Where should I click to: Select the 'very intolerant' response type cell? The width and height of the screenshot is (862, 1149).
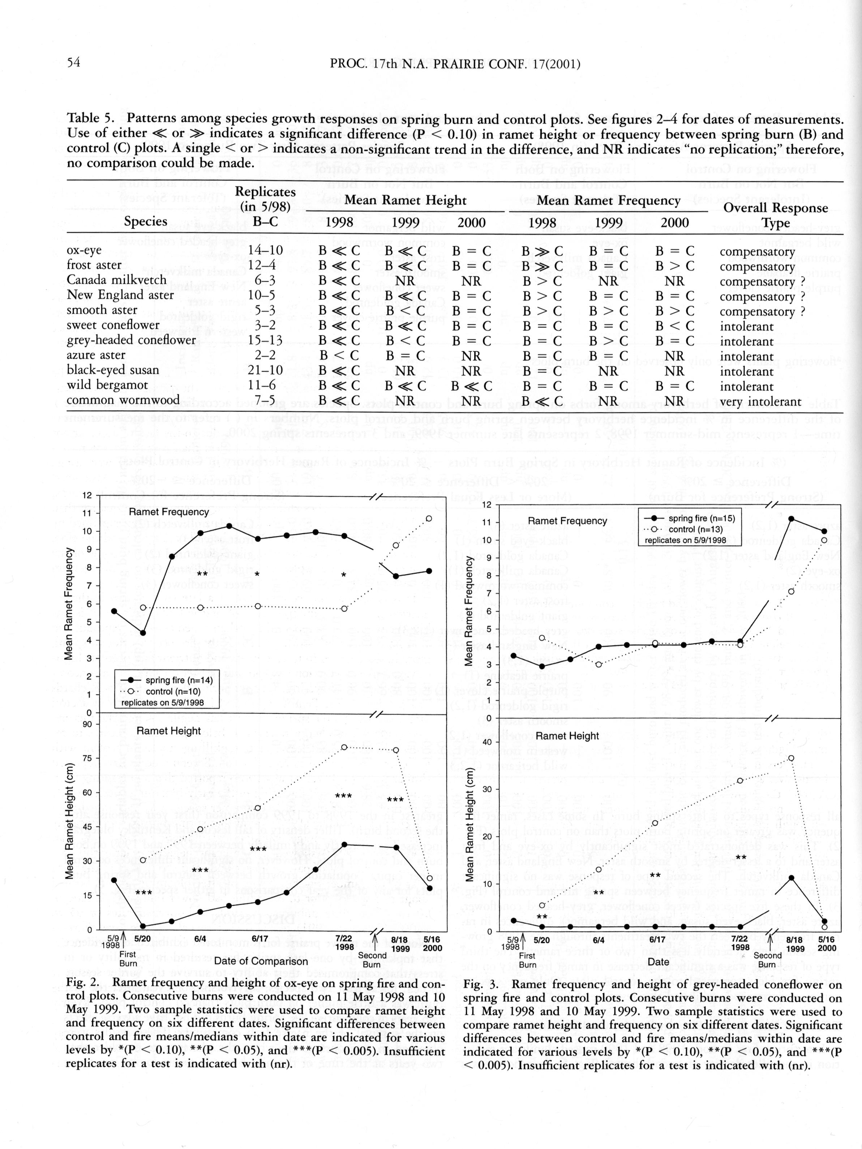760,401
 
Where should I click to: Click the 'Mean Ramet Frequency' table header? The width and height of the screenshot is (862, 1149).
608,201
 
